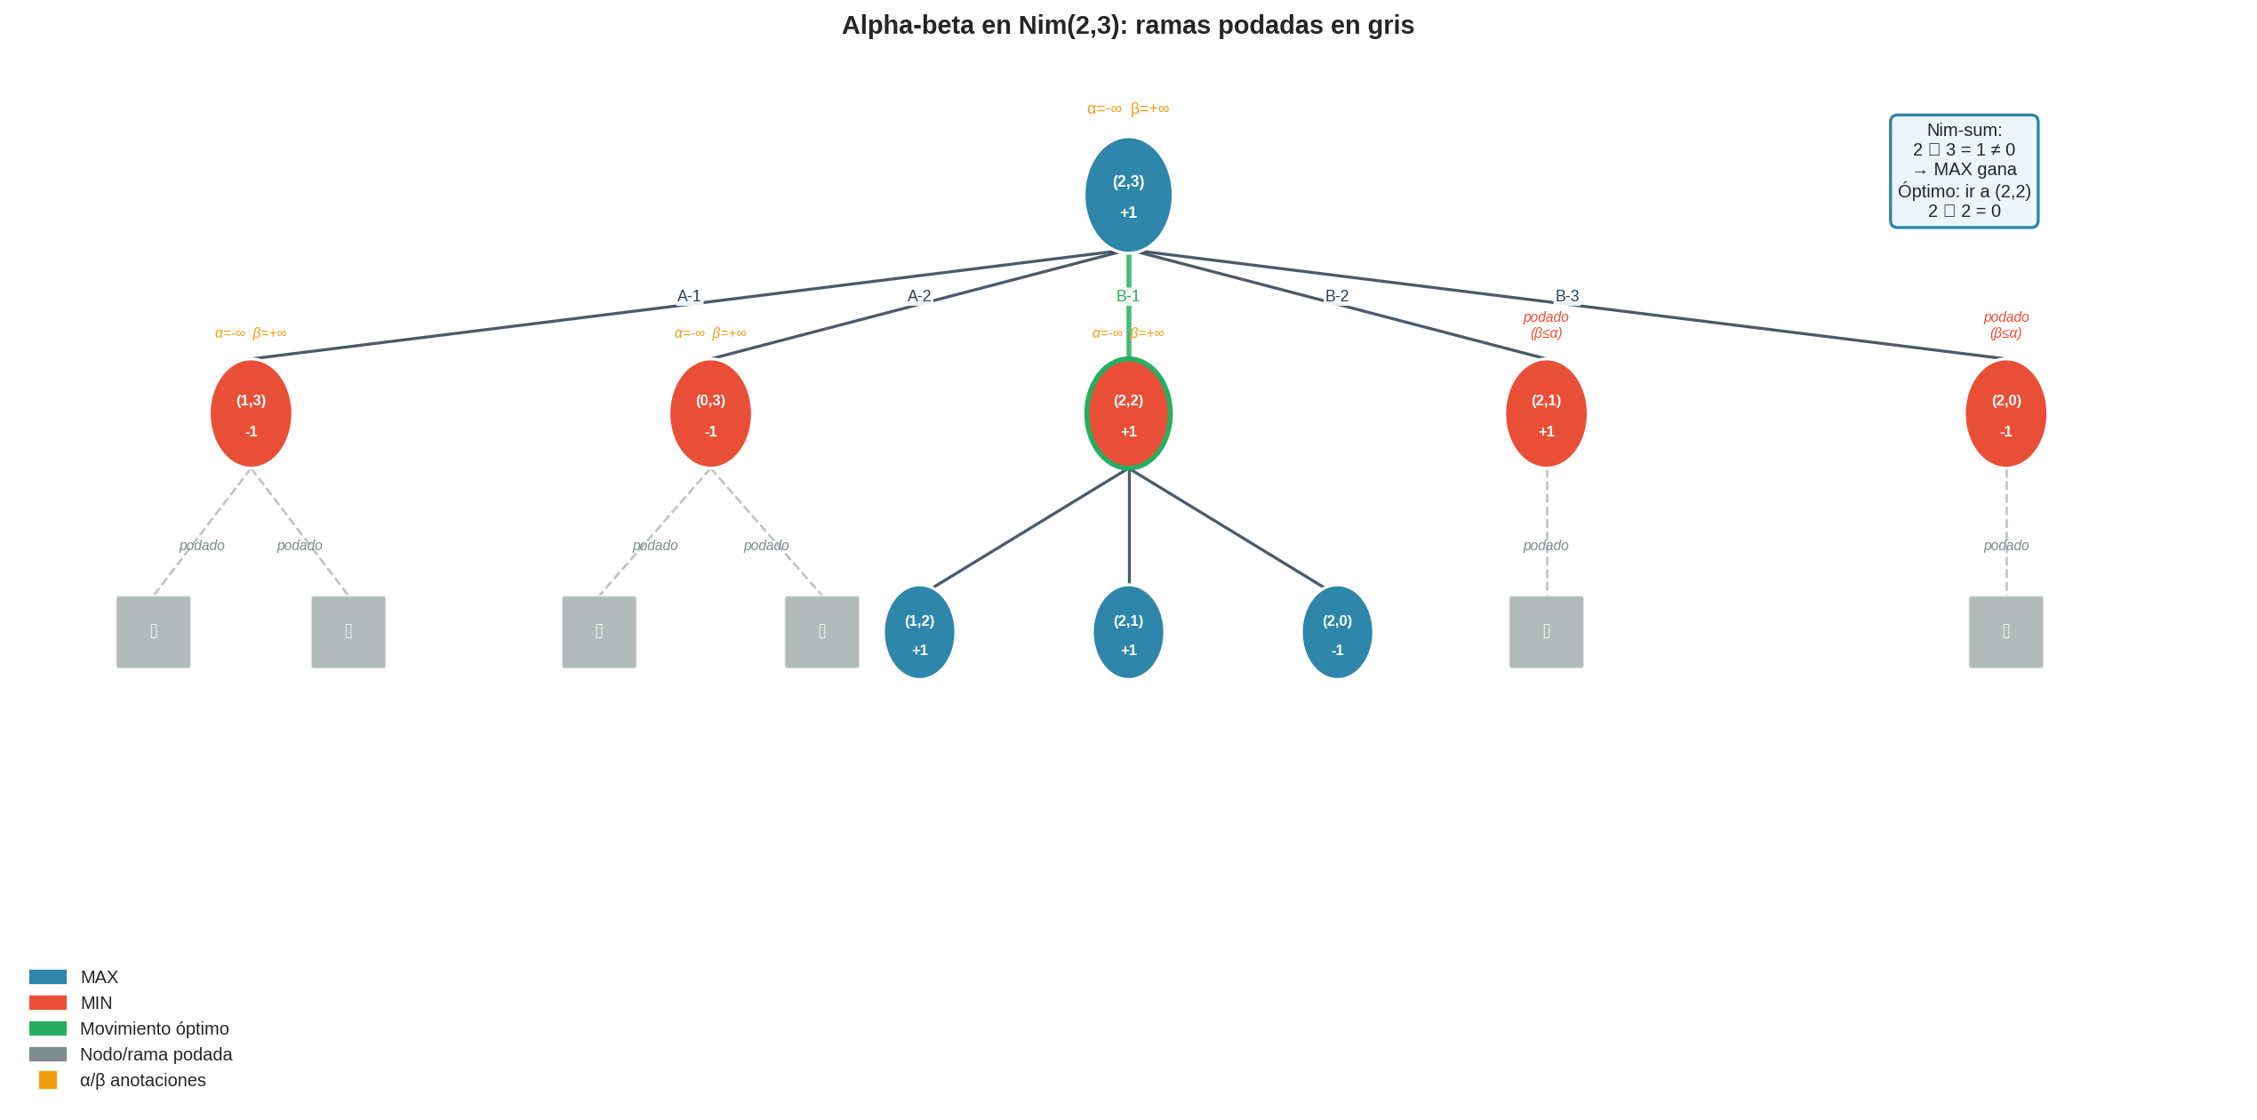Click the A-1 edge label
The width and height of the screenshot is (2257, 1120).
tap(689, 296)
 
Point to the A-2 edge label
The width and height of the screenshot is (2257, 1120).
tap(919, 296)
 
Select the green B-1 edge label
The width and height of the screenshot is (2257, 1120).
tap(1128, 296)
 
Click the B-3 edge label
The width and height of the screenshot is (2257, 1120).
tap(1567, 296)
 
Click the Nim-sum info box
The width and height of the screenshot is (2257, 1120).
tap(1964, 171)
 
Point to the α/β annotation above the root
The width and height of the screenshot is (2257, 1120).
tap(1127, 108)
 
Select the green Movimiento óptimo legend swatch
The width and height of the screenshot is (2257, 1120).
tap(48, 1028)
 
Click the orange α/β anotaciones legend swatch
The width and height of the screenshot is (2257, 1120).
tap(48, 1080)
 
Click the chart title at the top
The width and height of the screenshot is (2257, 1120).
tap(1127, 25)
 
